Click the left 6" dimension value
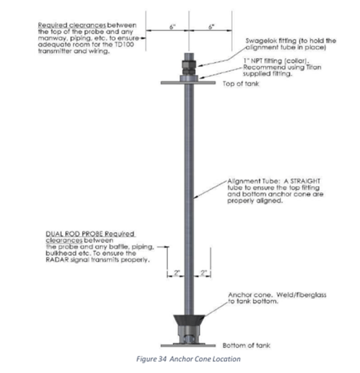(x=172, y=27)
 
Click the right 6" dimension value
(x=211, y=27)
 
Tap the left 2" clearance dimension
(x=177, y=273)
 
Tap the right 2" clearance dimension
(x=203, y=273)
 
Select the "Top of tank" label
(x=241, y=84)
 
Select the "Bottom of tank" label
(x=247, y=346)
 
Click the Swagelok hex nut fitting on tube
(x=189, y=65)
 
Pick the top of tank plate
(x=188, y=83)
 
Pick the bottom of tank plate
(x=188, y=346)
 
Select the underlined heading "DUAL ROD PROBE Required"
(x=90, y=234)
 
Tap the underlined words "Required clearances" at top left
(x=72, y=25)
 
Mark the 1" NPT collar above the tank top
(x=189, y=79)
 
